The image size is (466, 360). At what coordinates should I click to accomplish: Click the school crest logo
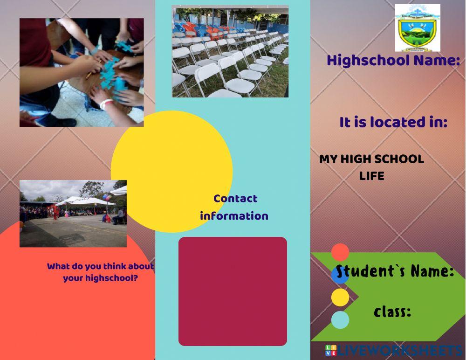[418, 28]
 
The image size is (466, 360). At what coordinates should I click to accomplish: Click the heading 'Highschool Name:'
[393, 61]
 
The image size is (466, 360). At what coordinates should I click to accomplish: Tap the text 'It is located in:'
[393, 123]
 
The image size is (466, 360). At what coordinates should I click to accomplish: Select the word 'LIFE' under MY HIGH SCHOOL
[371, 176]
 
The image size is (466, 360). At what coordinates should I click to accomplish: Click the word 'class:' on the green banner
[392, 312]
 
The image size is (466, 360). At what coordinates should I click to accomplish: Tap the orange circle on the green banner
[340, 252]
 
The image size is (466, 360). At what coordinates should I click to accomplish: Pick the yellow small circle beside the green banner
[340, 298]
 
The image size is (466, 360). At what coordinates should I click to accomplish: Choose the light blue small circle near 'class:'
[340, 320]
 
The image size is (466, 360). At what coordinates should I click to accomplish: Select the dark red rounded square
[233, 291]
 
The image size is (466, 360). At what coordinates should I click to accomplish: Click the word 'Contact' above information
[235, 199]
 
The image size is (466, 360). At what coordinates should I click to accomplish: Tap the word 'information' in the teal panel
[234, 216]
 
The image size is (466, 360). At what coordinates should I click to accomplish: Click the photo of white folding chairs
[230, 51]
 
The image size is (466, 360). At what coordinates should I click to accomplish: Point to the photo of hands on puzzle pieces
[82, 72]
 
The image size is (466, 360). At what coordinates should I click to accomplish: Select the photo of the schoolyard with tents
[73, 214]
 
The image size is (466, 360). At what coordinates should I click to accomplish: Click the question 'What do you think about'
[100, 267]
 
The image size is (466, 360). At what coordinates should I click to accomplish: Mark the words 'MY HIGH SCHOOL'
[371, 159]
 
